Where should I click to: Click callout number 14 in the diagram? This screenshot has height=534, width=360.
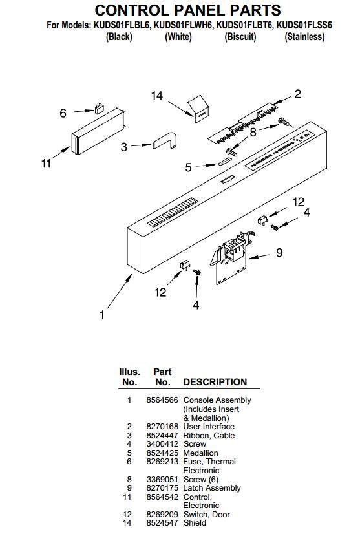(157, 96)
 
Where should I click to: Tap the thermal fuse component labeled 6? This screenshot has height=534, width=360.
(99, 109)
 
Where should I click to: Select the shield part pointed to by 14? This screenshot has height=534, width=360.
(198, 108)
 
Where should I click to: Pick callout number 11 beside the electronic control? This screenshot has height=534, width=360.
(46, 164)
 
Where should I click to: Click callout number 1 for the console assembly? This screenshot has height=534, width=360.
(102, 314)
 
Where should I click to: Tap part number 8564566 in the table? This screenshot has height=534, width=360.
(162, 400)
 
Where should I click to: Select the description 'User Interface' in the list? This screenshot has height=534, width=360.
(209, 427)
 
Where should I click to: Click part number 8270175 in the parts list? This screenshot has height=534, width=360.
(162, 488)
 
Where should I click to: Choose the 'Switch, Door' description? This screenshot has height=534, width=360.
(206, 514)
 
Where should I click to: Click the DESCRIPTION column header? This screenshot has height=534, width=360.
(215, 382)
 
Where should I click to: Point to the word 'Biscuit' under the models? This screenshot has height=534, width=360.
(240, 36)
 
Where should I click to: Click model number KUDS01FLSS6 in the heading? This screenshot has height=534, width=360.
(304, 25)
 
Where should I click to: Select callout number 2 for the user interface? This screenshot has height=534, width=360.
(298, 94)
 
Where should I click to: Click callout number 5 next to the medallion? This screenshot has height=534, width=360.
(188, 167)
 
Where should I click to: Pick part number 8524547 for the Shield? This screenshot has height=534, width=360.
(162, 523)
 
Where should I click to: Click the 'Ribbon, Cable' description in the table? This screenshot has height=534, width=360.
(209, 435)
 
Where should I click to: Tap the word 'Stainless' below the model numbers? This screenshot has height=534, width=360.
(304, 36)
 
